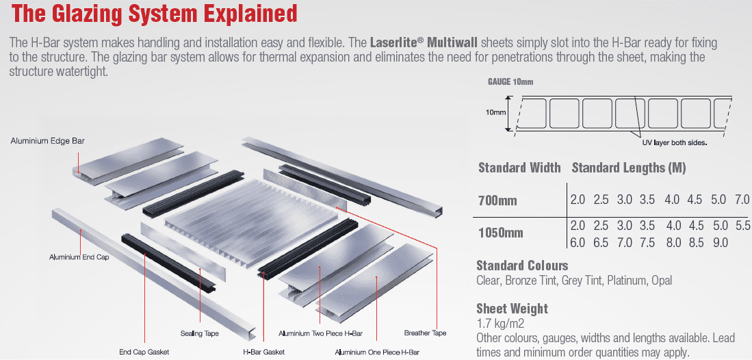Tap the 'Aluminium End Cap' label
tap(79, 257)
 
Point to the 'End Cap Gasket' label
tap(144, 352)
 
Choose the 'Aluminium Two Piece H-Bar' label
tap(320, 333)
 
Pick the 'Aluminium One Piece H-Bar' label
tap(377, 352)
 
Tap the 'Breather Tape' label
tap(426, 333)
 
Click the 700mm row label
tap(498, 200)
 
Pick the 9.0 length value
tap(720, 242)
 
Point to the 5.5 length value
tap(742, 226)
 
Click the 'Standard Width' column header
tap(519, 168)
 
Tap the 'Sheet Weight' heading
tap(513, 308)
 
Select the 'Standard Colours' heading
tap(522, 266)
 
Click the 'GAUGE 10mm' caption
tap(510, 82)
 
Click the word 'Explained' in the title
tap(248, 13)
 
